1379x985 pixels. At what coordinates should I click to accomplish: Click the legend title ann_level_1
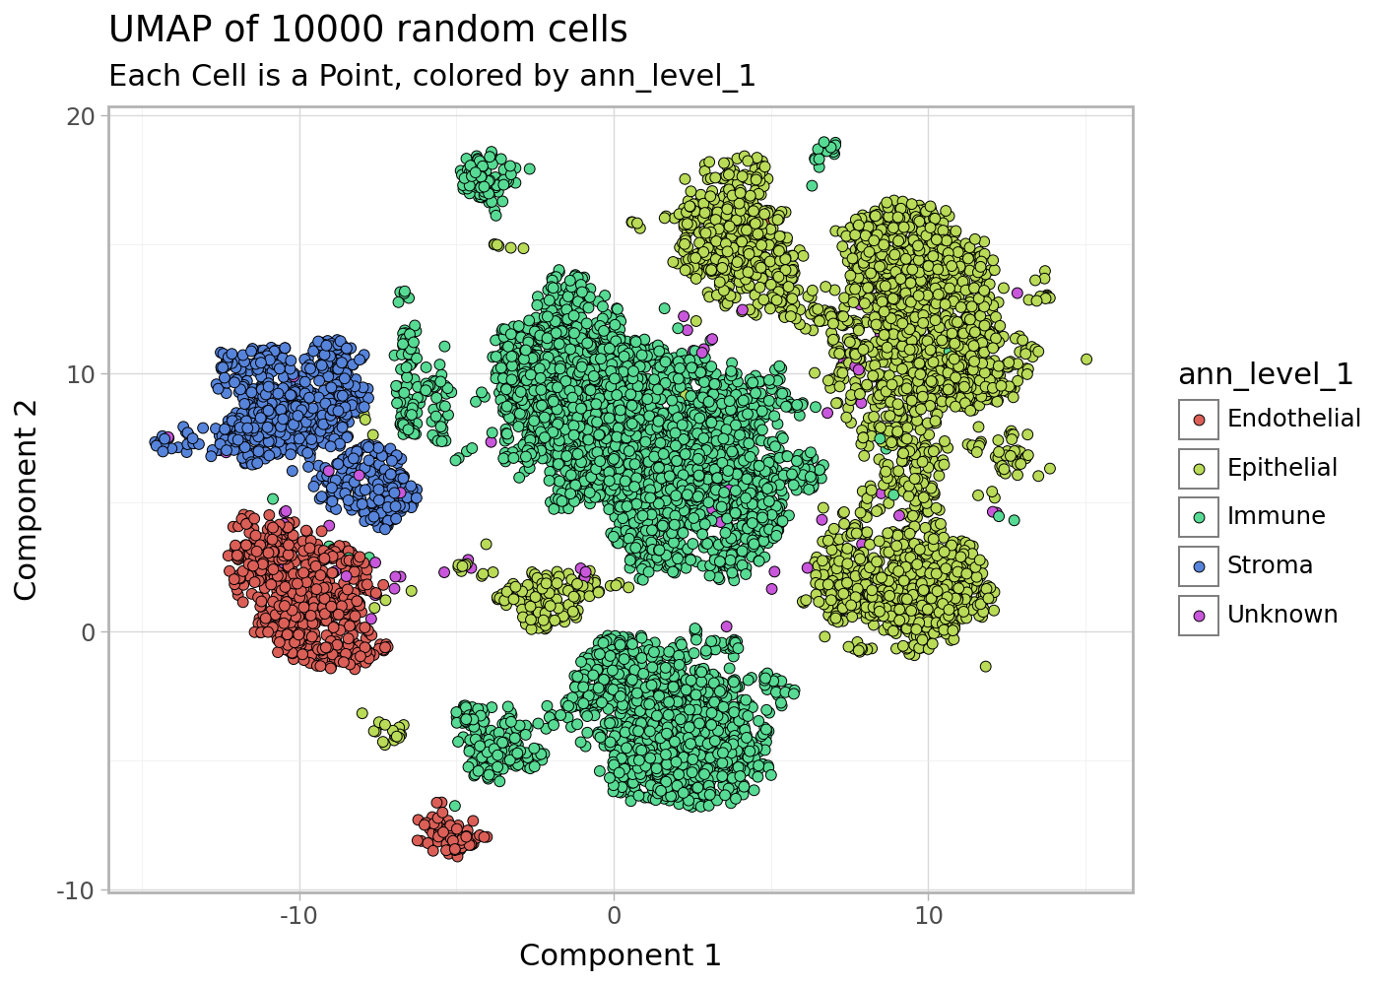point(1266,374)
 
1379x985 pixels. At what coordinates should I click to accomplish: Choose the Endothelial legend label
point(1293,419)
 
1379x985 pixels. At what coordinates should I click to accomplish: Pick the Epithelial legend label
point(1281,468)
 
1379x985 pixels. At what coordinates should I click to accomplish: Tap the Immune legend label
point(1276,516)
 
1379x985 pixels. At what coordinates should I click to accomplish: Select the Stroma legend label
point(1270,565)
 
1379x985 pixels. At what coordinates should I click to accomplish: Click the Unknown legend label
point(1281,615)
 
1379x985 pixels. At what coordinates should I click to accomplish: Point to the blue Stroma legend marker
point(1199,566)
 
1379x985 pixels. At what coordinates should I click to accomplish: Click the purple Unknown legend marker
point(1199,616)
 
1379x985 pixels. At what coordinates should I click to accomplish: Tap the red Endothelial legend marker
point(1199,420)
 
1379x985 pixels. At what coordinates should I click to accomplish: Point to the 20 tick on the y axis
point(82,116)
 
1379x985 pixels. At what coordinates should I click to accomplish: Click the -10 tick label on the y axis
point(77,890)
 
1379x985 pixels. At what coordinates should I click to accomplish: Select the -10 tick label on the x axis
point(298,916)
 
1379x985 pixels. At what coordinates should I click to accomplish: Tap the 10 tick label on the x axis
point(928,916)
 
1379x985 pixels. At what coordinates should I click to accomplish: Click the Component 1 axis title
point(620,955)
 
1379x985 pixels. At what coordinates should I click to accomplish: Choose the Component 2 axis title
point(27,499)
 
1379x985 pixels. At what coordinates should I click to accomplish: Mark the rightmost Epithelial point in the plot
point(1086,360)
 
